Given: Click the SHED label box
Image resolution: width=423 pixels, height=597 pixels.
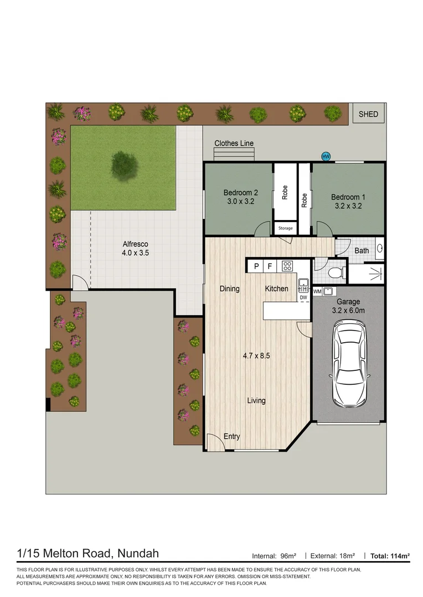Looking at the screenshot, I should point(368,114).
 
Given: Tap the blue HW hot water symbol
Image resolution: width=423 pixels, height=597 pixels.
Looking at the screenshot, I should point(326,156).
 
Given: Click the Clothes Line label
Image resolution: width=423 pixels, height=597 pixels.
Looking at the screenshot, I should point(234,143).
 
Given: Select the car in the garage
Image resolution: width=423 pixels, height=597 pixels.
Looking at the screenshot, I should point(349,364).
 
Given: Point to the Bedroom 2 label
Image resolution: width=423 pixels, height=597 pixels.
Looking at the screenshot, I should point(240,192).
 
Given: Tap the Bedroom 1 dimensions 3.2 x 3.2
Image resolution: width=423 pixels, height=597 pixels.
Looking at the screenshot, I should point(348,206).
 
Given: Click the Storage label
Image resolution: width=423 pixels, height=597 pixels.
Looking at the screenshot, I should point(286,228).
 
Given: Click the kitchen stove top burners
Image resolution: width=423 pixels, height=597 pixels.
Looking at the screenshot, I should point(287,266).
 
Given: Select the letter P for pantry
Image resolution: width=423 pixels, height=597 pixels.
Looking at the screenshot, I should point(256,266).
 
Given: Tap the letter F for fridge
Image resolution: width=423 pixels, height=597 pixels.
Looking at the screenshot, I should point(270,266).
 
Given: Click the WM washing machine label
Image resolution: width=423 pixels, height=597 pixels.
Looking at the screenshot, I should point(317,291).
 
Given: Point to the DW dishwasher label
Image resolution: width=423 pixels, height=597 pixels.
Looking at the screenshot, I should point(303,297).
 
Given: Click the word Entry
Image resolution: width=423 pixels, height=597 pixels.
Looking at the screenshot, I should point(231,437).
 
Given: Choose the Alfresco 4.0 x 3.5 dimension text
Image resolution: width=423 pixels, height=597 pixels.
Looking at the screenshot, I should point(136,253).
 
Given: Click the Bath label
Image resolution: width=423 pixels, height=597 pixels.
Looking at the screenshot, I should point(362,250).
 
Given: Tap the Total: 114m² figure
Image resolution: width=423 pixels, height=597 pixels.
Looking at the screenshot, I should point(391,555).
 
